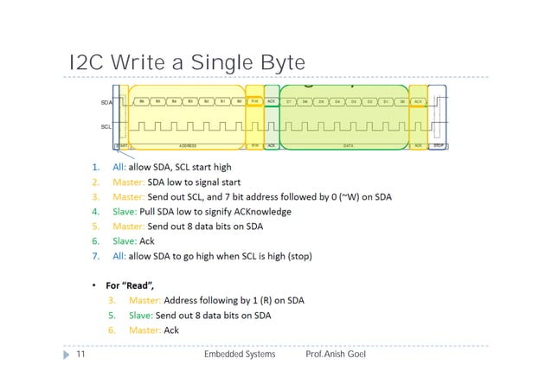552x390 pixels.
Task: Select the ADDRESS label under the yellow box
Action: tap(187, 145)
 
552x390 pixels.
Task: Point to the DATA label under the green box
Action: tap(348, 145)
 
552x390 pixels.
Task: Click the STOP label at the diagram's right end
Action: tap(438, 145)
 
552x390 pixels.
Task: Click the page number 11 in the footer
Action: tap(80, 355)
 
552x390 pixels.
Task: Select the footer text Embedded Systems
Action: tap(240, 355)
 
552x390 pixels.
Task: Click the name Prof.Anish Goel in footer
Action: tap(337, 355)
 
